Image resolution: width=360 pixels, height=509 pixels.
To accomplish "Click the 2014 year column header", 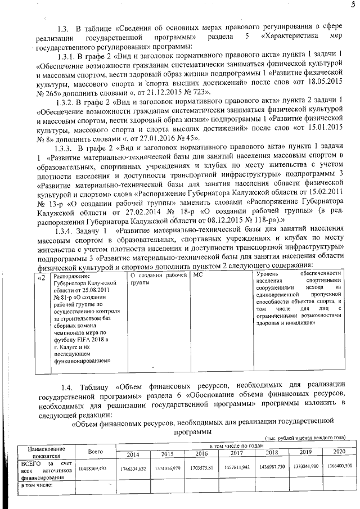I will (133, 454).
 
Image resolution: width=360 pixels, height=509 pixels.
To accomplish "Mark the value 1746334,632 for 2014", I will (133, 469).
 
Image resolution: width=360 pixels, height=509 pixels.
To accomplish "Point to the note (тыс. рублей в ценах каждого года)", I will (304, 438).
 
